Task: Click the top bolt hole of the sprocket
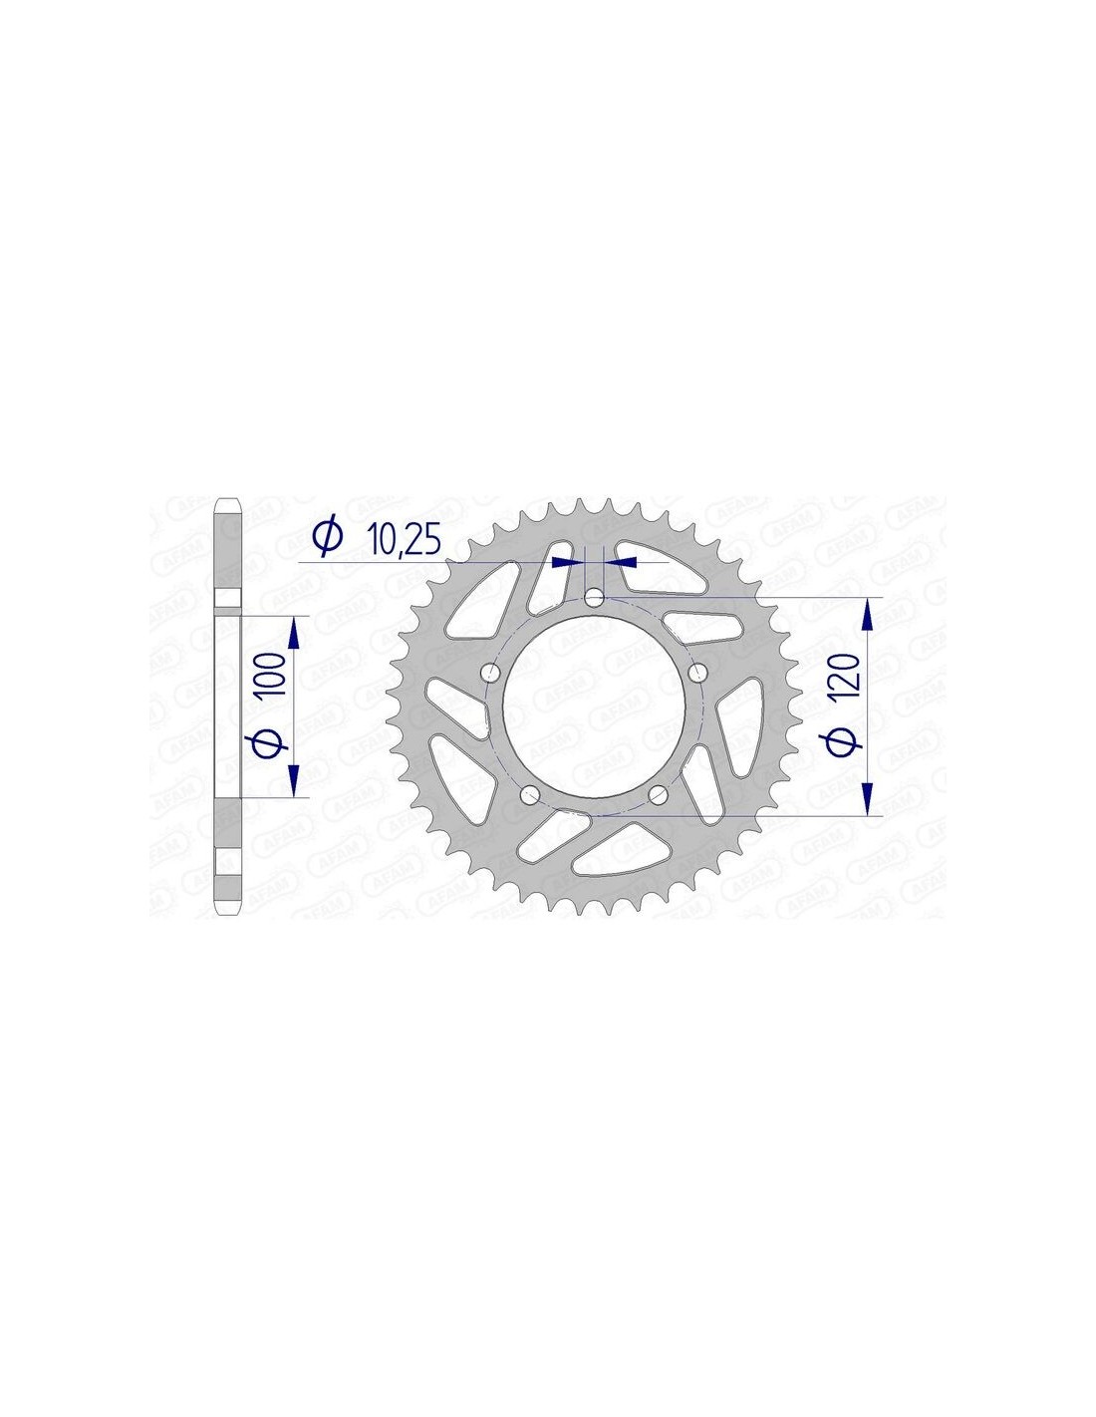(594, 597)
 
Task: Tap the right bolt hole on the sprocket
(697, 672)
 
